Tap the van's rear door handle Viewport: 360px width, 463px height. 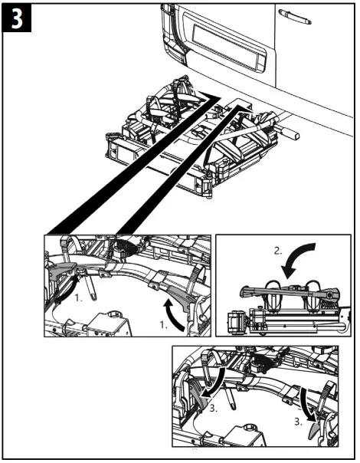click(293, 14)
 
